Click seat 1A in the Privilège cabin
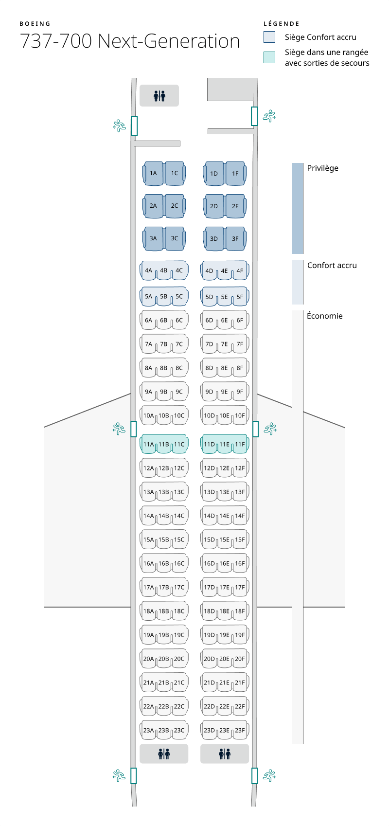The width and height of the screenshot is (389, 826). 153,173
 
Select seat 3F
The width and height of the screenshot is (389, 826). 235,239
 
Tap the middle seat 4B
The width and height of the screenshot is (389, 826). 164,270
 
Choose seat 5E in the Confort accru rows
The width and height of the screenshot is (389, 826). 224,297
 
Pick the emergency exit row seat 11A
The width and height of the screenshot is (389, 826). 148,444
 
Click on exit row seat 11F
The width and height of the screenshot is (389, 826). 240,444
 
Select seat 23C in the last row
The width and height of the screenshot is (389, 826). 179,730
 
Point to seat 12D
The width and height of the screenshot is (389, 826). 209,468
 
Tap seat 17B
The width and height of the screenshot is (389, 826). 164,587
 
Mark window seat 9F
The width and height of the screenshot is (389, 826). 240,392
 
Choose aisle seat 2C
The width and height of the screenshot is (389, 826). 175,206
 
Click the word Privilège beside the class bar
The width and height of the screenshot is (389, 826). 322,168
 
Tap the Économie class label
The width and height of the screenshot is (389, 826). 325,316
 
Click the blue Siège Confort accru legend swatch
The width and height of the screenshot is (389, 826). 269,37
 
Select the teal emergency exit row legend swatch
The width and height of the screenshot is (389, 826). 269,57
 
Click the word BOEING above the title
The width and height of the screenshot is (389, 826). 35,24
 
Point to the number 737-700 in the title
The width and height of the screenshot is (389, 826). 56,41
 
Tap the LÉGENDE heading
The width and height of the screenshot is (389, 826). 282,24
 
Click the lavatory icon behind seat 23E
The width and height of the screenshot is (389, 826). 225,754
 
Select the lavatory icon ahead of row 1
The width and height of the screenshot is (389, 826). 159,96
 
